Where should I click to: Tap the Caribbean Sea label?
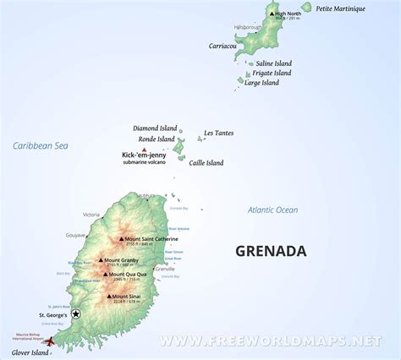[x=41, y=146]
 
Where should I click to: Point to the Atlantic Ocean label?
[x=272, y=210]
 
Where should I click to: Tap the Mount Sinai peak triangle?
[x=109, y=297]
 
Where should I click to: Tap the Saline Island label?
[x=277, y=62]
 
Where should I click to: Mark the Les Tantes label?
[x=217, y=133]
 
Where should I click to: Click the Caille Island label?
[x=206, y=162]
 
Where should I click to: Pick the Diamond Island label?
[x=154, y=128]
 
